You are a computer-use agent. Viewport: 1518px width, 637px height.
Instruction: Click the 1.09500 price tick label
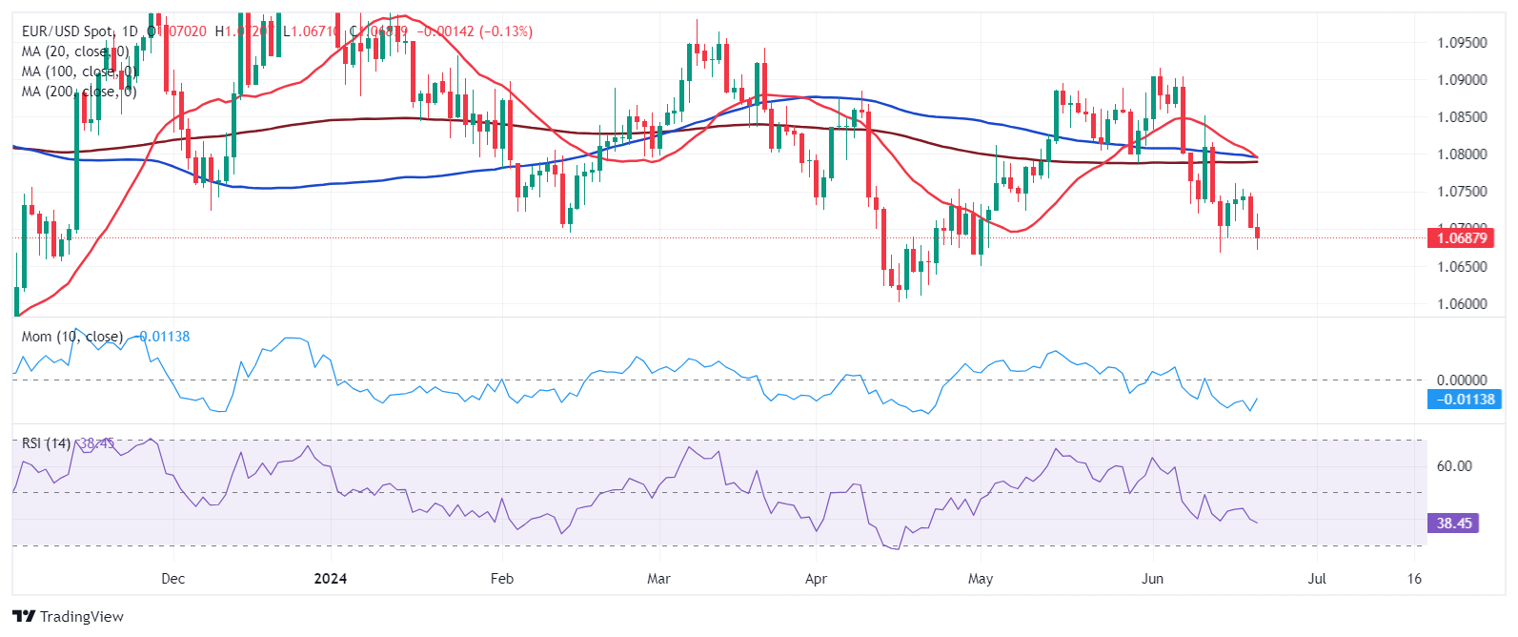[1461, 43]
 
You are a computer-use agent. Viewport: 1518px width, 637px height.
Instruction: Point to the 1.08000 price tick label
[1461, 154]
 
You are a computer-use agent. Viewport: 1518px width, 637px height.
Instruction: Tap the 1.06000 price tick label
[1461, 304]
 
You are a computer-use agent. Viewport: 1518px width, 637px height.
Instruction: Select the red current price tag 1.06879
[1460, 238]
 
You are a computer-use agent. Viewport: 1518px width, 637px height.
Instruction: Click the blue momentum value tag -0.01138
[1467, 400]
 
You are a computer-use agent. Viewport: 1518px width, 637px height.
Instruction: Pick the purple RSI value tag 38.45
[1453, 524]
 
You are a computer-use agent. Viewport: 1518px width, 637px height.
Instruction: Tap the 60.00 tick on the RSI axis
[1454, 466]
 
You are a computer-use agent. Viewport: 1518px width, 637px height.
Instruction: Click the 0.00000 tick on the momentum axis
[1461, 380]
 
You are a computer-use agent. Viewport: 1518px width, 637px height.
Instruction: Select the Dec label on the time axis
[173, 579]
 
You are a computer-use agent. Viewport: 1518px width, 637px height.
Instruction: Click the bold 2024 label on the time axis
[331, 579]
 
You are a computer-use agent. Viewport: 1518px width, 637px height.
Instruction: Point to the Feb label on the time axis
[502, 579]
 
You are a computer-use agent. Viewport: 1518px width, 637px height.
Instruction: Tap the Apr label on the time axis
[816, 579]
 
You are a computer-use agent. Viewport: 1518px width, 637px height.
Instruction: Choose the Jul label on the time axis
[1317, 579]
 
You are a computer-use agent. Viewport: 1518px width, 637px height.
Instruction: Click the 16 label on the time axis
[1414, 579]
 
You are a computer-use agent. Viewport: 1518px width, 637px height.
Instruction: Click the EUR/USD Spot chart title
[67, 31]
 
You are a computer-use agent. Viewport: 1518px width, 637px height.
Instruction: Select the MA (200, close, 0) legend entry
[79, 92]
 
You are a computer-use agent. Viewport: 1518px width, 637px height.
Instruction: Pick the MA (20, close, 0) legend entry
[75, 51]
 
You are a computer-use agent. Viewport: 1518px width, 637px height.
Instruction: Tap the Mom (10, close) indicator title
[72, 337]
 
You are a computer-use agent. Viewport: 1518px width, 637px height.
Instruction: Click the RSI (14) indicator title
[46, 443]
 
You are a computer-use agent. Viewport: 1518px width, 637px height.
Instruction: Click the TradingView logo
[69, 617]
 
